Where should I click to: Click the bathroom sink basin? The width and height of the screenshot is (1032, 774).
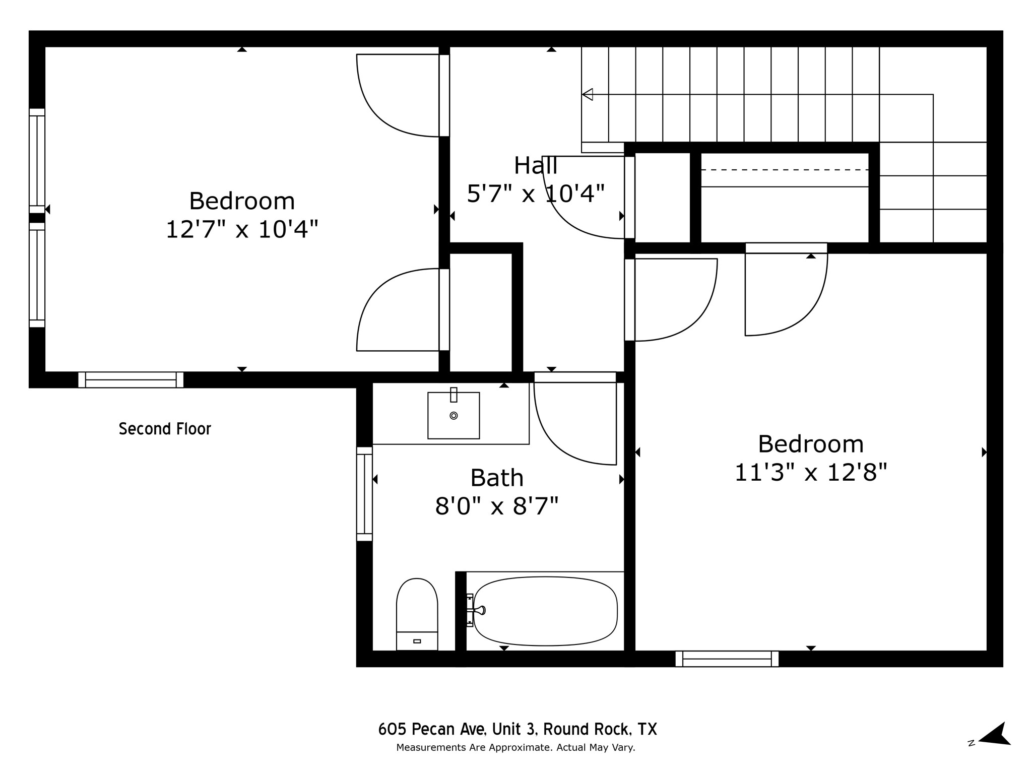click(x=454, y=416)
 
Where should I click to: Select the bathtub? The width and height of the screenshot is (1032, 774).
click(x=545, y=611)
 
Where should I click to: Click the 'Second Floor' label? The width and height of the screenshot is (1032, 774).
click(x=165, y=429)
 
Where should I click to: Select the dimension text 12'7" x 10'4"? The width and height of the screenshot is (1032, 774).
click(x=242, y=230)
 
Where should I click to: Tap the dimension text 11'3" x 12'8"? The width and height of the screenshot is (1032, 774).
click(x=810, y=473)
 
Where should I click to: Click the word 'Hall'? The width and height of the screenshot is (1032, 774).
click(x=535, y=166)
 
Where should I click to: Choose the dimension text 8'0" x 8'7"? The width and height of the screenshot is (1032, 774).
click(x=497, y=506)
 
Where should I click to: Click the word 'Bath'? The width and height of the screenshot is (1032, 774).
click(x=497, y=478)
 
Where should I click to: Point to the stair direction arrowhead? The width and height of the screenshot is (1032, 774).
click(x=588, y=94)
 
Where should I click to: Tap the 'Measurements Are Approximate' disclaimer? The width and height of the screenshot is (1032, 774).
click(x=515, y=748)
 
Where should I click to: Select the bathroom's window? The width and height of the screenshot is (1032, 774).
click(x=364, y=494)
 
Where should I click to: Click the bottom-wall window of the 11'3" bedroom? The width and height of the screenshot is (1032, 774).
click(x=727, y=659)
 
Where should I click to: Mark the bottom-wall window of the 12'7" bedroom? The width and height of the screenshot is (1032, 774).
click(x=131, y=379)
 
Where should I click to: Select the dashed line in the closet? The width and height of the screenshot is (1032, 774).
click(x=785, y=170)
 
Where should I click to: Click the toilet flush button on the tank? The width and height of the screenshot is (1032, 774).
click(x=417, y=641)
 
